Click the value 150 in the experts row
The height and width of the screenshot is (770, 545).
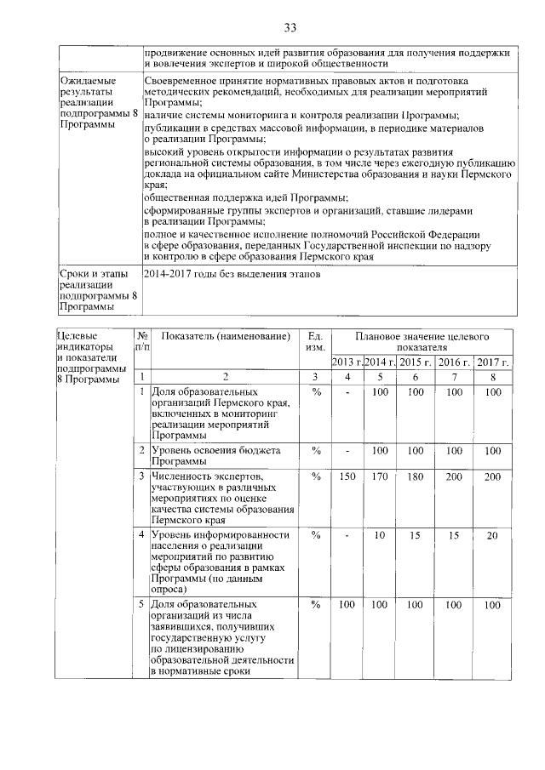point(347,477)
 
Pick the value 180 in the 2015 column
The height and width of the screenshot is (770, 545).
point(415,477)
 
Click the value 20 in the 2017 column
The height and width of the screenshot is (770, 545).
point(491,535)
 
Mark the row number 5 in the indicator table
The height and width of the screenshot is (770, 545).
point(142,605)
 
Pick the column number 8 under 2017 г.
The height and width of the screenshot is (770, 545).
point(491,377)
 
